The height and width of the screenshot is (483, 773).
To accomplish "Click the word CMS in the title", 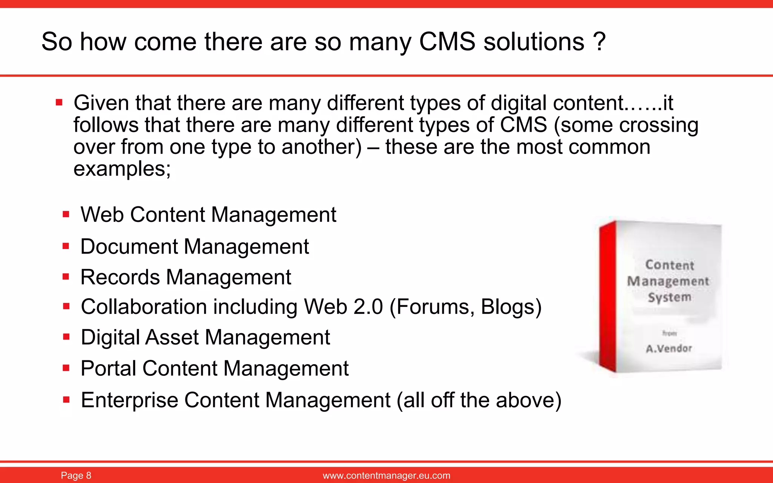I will (447, 42).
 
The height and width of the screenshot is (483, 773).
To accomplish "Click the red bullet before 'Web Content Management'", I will (66, 215).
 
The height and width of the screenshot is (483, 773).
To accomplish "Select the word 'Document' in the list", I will (129, 247).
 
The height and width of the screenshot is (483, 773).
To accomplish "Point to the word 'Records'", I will (120, 277).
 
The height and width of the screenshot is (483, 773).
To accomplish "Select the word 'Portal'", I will (108, 368).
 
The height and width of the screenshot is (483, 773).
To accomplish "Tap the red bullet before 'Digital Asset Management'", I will (66, 337).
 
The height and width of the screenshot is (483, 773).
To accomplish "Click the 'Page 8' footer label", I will (76, 475).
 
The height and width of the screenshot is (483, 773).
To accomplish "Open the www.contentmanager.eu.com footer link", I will (386, 475).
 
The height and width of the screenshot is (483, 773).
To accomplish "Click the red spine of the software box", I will (607, 296).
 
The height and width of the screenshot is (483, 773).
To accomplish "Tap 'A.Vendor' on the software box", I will (669, 348).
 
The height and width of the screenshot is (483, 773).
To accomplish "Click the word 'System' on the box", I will (670, 297).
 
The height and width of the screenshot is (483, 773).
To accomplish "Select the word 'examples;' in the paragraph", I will (122, 169).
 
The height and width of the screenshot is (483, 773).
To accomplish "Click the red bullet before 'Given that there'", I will (59, 102).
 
